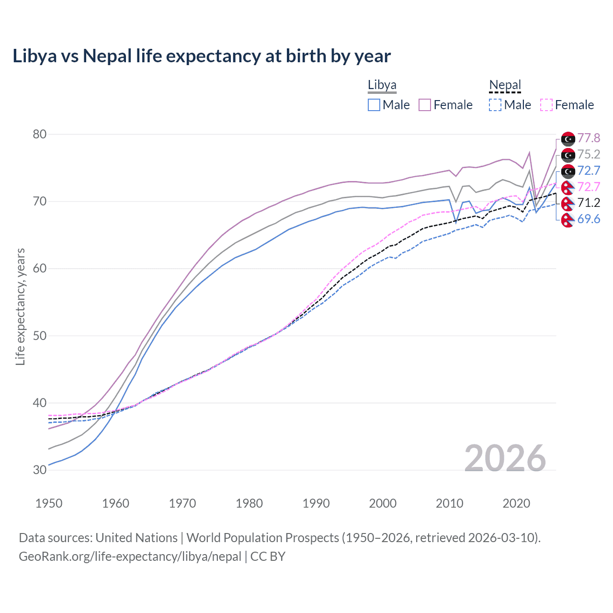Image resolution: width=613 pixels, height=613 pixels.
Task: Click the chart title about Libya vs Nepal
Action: click(x=202, y=56)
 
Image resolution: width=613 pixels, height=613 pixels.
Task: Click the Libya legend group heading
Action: click(x=382, y=85)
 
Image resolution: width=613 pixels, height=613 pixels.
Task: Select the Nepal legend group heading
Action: click(x=505, y=85)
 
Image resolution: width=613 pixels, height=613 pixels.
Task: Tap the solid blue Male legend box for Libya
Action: click(x=374, y=105)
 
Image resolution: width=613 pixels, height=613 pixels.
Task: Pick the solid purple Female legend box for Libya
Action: click(x=425, y=105)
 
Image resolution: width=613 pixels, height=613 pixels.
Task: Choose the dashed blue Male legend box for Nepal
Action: click(x=495, y=105)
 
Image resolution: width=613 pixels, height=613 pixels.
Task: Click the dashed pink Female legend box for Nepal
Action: click(x=546, y=105)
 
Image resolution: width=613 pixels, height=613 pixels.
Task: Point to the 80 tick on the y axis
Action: click(x=40, y=134)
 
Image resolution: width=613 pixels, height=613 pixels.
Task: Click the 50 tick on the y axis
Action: click(x=40, y=336)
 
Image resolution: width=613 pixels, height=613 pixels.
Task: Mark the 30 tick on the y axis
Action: click(x=40, y=470)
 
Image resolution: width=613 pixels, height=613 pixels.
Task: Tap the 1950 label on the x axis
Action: click(x=49, y=503)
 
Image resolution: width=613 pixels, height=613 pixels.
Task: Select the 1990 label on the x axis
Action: click(x=316, y=503)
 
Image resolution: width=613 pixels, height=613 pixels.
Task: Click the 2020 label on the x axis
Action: click(x=516, y=503)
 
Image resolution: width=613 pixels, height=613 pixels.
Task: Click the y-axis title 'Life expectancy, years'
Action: click(x=20, y=306)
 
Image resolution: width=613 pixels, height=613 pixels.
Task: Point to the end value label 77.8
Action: click(x=589, y=138)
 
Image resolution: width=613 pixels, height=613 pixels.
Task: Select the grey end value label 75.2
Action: click(x=589, y=154)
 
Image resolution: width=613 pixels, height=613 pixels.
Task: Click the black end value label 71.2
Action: click(x=589, y=203)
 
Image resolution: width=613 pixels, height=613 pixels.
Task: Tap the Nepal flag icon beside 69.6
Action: click(x=568, y=220)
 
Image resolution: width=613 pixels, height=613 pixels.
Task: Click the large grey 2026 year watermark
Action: click(x=505, y=458)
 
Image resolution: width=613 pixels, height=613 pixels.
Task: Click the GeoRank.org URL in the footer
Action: click(x=130, y=556)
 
